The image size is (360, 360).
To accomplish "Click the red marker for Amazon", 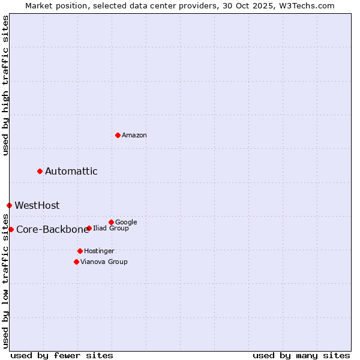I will pyautogui.click(x=118, y=135).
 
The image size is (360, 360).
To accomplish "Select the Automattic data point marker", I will pyautogui.click(x=40, y=171).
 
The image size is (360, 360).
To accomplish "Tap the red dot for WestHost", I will pyautogui.click(x=9, y=205).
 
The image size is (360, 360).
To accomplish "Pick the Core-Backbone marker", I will pyautogui.click(x=11, y=229).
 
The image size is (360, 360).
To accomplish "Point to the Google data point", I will pyautogui.click(x=111, y=222).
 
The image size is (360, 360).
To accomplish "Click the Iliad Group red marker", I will pyautogui.click(x=89, y=228).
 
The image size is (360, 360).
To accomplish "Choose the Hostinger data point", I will pyautogui.click(x=80, y=251).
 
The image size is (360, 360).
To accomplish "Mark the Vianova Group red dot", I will pyautogui.click(x=76, y=262).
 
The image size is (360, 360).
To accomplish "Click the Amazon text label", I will pyautogui.click(x=134, y=136).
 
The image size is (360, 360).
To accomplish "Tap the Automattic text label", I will pyautogui.click(x=71, y=172).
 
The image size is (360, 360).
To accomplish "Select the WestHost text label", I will pyautogui.click(x=37, y=206).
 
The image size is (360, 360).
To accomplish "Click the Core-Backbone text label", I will pyautogui.click(x=52, y=230).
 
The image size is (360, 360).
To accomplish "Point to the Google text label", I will pyautogui.click(x=126, y=223).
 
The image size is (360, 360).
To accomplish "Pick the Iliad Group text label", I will pyautogui.click(x=111, y=229).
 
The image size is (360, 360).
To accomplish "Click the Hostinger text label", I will pyautogui.click(x=99, y=251).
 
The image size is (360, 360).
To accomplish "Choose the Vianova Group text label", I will pyautogui.click(x=104, y=262).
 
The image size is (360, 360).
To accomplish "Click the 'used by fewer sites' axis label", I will pyautogui.click(x=62, y=356).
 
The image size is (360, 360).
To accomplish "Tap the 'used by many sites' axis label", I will pyautogui.click(x=301, y=356).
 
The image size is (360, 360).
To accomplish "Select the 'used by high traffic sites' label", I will pyautogui.click(x=6, y=85).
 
